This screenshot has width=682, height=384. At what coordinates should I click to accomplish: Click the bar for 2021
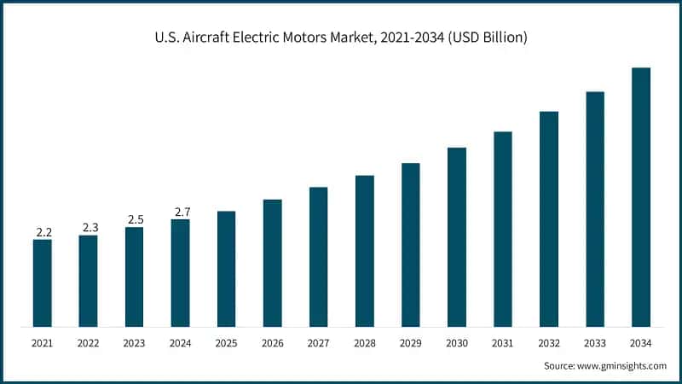(43, 282)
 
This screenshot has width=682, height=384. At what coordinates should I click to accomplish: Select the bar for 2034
(641, 197)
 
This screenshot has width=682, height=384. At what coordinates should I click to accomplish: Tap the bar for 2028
(365, 251)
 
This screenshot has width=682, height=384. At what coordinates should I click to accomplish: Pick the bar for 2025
(227, 269)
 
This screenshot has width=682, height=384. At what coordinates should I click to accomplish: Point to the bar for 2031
(503, 229)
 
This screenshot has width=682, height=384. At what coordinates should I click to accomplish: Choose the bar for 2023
(135, 276)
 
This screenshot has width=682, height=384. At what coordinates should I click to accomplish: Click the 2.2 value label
(43, 231)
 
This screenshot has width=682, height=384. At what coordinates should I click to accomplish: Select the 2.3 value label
(89, 227)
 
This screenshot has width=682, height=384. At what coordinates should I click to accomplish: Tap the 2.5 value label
(135, 219)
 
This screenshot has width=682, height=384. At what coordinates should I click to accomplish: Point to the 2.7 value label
(181, 211)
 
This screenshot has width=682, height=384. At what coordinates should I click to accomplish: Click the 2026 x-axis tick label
(273, 343)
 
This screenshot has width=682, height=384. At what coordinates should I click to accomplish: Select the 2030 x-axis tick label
(457, 343)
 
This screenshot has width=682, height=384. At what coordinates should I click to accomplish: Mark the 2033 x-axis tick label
(595, 343)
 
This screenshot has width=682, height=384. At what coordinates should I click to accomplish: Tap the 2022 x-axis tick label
(89, 343)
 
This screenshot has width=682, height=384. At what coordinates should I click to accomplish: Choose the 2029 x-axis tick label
(411, 343)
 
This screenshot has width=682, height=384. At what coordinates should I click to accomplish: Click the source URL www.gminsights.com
(621, 365)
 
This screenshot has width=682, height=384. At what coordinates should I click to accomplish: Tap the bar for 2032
(549, 218)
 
